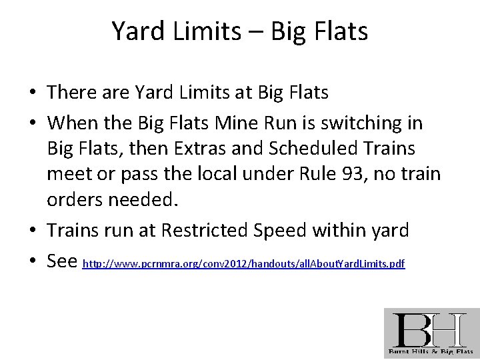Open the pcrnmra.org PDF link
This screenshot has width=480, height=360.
tap(243, 265)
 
